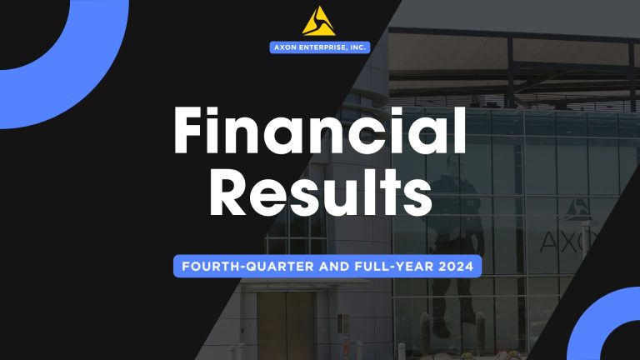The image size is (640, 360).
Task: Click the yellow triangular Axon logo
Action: point(320,20)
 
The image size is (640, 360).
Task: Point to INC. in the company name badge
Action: point(357,47)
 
